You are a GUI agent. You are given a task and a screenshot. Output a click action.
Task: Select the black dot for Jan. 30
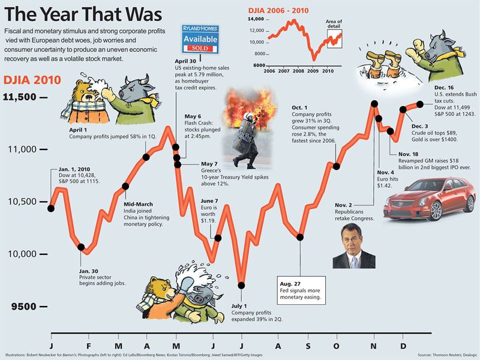tap(81, 247)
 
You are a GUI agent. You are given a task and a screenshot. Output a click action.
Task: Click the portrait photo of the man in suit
tap(353, 246)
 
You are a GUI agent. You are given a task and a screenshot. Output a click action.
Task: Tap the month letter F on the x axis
tap(88, 346)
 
